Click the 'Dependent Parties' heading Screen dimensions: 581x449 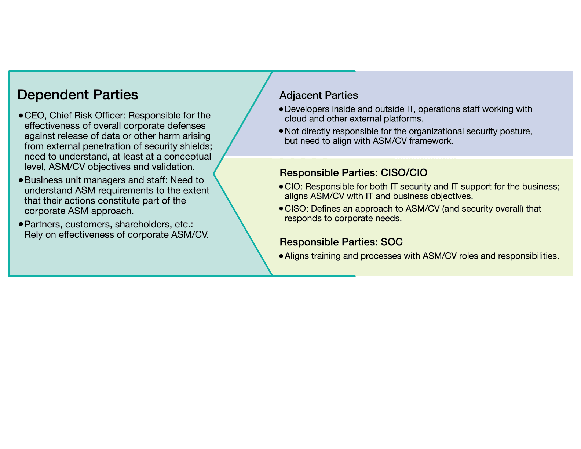pyautogui.click(x=77, y=95)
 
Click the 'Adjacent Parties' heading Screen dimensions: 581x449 pyautogui.click(x=319, y=95)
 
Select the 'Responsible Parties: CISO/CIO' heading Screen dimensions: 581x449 pyautogui.click(x=354, y=173)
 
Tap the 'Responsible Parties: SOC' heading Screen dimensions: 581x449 pyautogui.click(x=341, y=242)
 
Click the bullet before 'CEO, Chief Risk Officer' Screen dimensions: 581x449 pyautogui.click(x=21, y=116)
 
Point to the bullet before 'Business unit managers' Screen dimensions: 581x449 pyautogui.click(x=21, y=180)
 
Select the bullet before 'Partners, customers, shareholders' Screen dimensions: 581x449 pyautogui.click(x=21, y=224)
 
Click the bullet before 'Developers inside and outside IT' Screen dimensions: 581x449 pyautogui.click(x=281, y=109)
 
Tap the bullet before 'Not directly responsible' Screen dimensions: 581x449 pyautogui.click(x=281, y=131)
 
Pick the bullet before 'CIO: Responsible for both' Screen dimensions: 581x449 pyautogui.click(x=281, y=187)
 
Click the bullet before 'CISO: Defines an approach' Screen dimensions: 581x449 pyautogui.click(x=281, y=209)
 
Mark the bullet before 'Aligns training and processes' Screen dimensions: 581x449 pyautogui.click(x=281, y=256)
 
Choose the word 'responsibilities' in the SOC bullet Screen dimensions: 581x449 pyautogui.click(x=528, y=256)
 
